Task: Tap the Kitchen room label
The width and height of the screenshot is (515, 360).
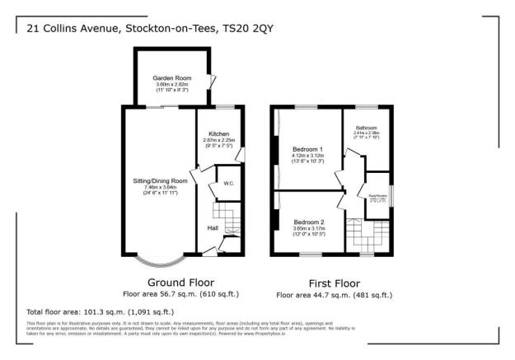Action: click(218, 133)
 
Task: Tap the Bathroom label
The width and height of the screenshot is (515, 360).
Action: click(366, 129)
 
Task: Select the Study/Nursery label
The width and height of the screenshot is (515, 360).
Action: click(377, 195)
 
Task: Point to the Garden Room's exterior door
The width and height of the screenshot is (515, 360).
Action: click(213, 82)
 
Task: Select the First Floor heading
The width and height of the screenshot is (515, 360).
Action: click(333, 283)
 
